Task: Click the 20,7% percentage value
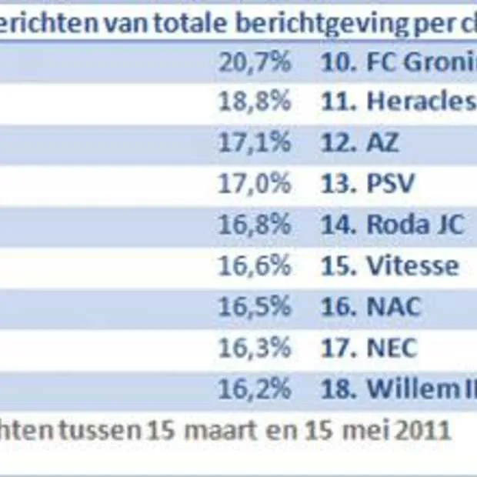[255, 62]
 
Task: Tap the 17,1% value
[255, 143]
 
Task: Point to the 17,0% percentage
[255, 184]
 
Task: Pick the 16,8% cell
[255, 225]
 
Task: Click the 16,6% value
[255, 265]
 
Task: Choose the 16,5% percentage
[255, 306]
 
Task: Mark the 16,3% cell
[255, 347]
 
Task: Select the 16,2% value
[255, 388]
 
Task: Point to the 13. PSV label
[367, 184]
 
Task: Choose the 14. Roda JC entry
[392, 225]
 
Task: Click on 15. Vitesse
[389, 265]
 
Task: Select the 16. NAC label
[371, 306]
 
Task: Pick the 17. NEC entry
[369, 347]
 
